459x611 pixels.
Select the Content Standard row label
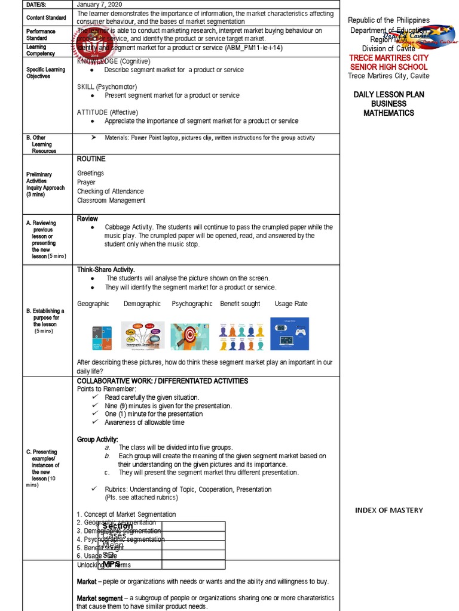coord(46,17)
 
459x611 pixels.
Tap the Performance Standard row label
coord(41,35)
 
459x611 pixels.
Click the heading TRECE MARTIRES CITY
coord(388,58)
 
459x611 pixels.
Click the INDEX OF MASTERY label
coord(388,510)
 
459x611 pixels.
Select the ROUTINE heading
coord(91,159)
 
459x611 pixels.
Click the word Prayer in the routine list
coord(86,182)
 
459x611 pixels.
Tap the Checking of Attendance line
coord(111,192)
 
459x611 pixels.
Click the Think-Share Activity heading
coord(106,270)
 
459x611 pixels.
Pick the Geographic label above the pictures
coord(93,304)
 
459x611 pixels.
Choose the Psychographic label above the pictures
coord(192,304)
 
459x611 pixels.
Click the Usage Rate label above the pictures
coord(291,304)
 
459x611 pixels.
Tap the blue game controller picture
coord(290,334)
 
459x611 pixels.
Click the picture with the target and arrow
coord(189,337)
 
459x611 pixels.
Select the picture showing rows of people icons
coord(241,337)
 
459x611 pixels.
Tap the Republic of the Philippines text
coord(388,20)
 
